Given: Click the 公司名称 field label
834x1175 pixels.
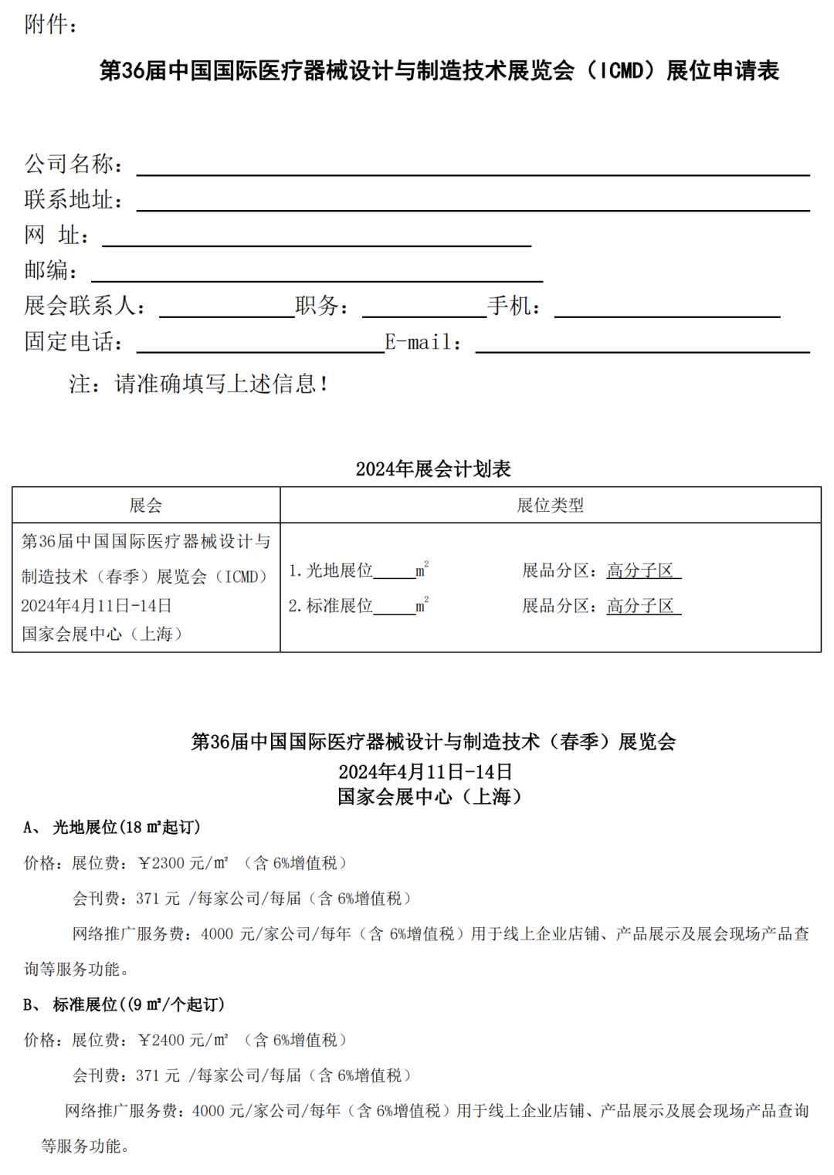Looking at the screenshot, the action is pyautogui.click(x=73, y=164).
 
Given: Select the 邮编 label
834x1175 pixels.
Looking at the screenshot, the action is pyautogui.click(x=49, y=270).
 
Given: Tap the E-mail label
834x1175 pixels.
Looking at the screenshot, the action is pyautogui.click(x=422, y=342).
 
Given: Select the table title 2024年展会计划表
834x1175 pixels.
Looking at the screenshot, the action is pyautogui.click(x=433, y=469).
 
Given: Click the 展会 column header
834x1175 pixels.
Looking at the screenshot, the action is pyautogui.click(x=146, y=506).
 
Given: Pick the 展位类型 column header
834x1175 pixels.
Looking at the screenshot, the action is pyautogui.click(x=550, y=506).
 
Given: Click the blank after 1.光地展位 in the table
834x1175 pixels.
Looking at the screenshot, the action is pyautogui.click(x=395, y=573).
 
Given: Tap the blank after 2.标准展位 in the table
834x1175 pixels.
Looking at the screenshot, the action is pyautogui.click(x=395, y=608).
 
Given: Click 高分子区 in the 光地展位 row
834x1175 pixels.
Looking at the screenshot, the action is pyautogui.click(x=640, y=571).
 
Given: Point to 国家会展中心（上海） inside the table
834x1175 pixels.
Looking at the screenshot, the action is pyautogui.click(x=102, y=634).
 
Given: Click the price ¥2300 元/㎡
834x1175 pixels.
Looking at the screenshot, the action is pyautogui.click(x=183, y=863).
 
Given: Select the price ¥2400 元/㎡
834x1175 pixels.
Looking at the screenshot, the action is pyautogui.click(x=183, y=1040).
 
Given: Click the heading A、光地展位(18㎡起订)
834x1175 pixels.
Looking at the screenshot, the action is pyautogui.click(x=112, y=828).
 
